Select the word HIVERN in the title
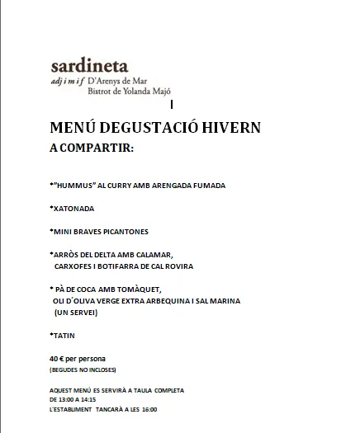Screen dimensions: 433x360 coord(229,128)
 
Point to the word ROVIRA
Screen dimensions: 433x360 coord(177,266)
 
